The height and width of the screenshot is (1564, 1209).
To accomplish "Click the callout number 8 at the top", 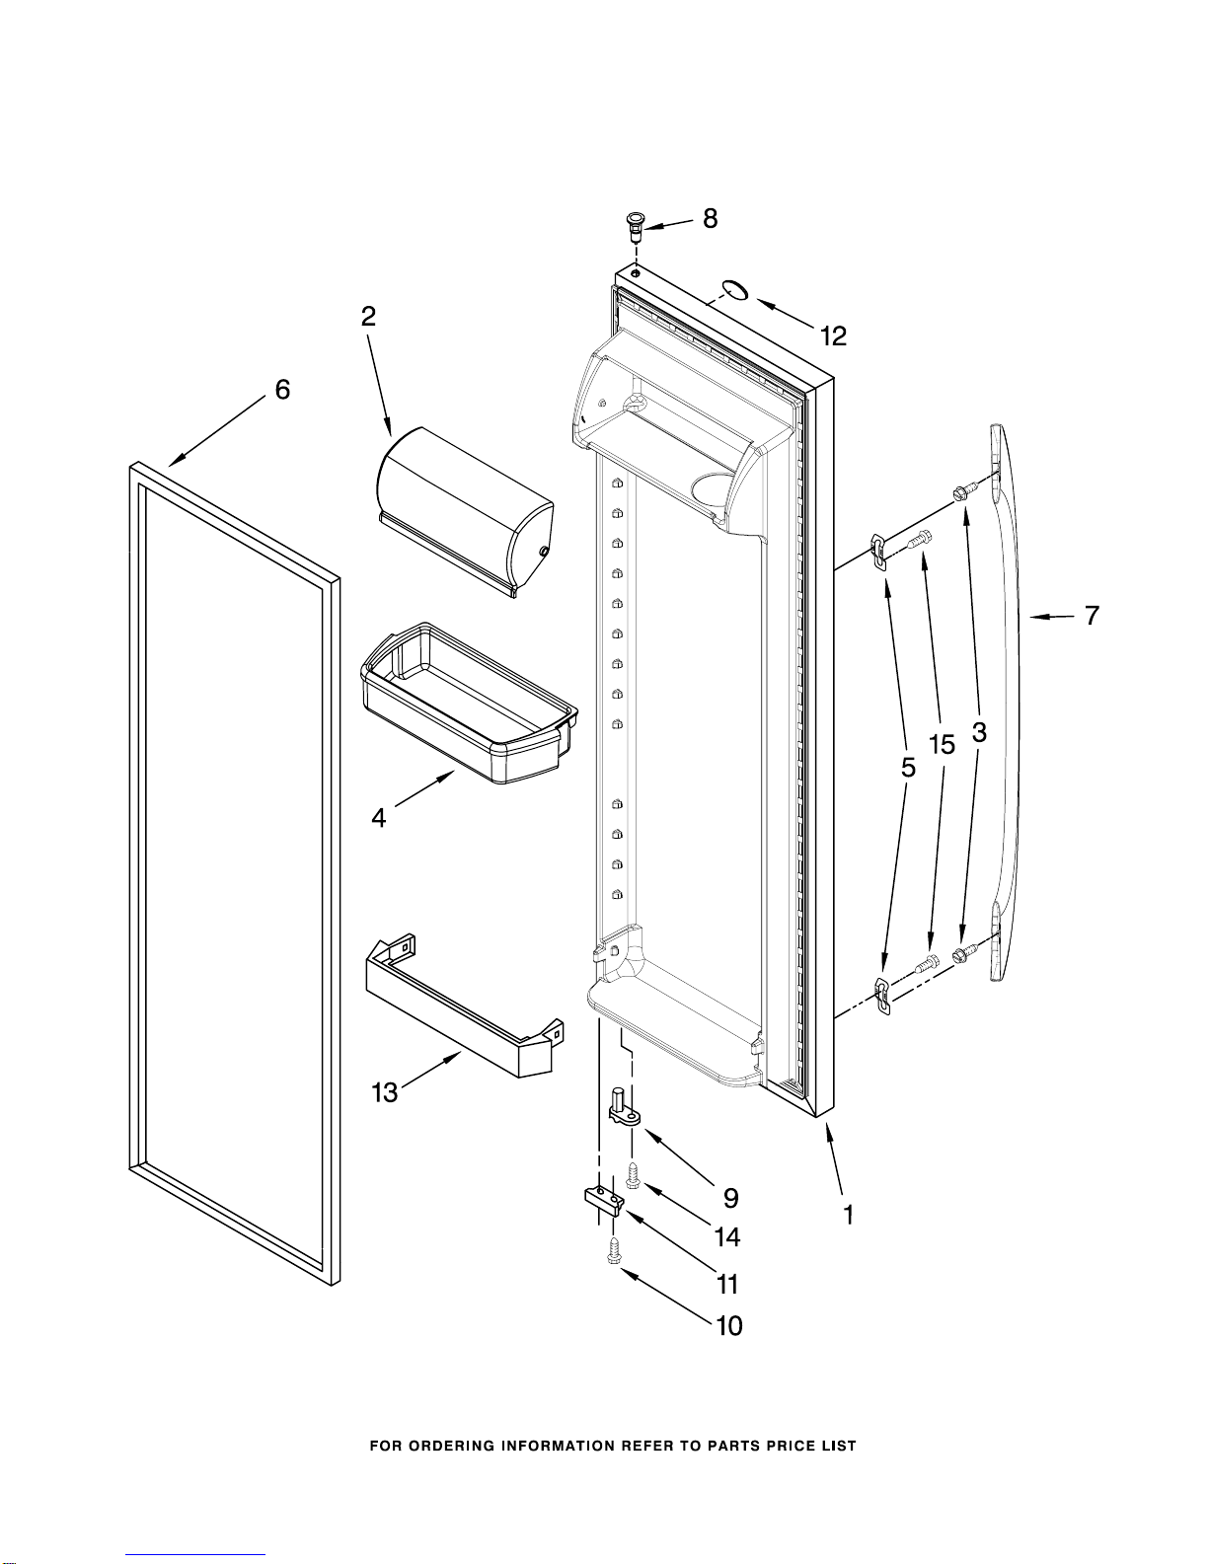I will (x=711, y=219).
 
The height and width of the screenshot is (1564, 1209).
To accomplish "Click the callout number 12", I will (x=834, y=336).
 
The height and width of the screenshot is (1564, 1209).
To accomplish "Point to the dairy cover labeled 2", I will (x=464, y=513).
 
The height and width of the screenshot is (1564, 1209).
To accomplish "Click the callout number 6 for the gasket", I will (x=282, y=390).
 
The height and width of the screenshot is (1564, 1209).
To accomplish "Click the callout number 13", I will (x=385, y=1092).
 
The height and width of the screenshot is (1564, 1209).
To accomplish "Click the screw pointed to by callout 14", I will (x=633, y=1175).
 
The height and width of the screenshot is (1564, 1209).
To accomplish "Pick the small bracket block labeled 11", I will (x=602, y=1200).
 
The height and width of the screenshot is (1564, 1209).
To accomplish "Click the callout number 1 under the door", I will (x=849, y=1215).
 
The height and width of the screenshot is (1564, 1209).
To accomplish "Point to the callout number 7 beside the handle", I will (x=1092, y=616).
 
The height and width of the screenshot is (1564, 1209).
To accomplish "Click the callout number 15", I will (x=943, y=745).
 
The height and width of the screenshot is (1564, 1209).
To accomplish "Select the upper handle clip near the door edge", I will (x=878, y=553).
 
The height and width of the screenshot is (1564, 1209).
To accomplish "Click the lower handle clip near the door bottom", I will (x=882, y=993).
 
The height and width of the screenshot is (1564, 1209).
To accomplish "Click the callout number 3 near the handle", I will (x=979, y=733).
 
